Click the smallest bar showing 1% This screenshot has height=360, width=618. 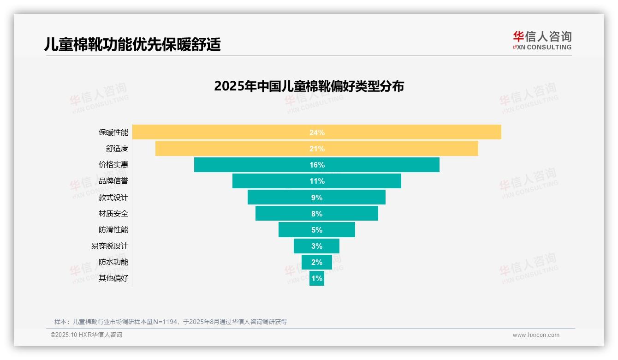[317, 278]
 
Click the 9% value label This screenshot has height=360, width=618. [317, 198]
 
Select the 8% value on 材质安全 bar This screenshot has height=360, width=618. [317, 214]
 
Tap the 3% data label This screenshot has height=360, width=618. [317, 246]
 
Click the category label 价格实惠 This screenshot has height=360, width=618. [113, 165]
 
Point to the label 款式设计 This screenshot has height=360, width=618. [113, 198]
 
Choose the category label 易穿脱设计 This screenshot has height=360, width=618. [110, 246]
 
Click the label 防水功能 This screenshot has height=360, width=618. [113, 262]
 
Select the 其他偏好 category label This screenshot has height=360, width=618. [113, 278]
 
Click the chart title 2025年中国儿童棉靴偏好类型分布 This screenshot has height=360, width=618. [309, 86]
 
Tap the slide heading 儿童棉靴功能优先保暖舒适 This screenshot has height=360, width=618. [132, 44]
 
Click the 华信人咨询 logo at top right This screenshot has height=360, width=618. [542, 40]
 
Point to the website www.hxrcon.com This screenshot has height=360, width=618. [536, 335]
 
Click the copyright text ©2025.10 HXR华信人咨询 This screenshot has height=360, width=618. [86, 335]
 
